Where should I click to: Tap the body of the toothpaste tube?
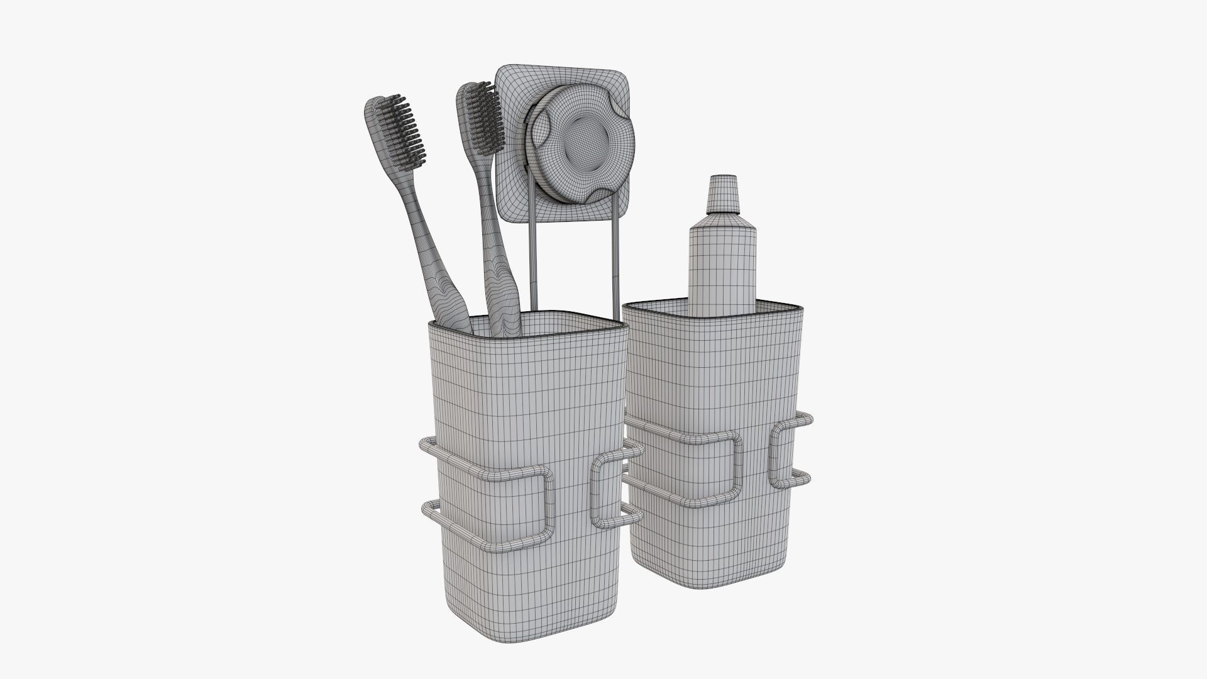click(722, 264)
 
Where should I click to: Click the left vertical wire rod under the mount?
click(534, 264)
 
